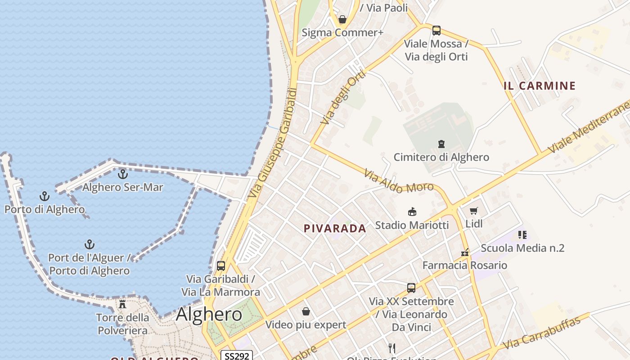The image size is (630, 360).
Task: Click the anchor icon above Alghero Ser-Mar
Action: [x=123, y=174]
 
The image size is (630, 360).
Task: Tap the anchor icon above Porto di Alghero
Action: [x=44, y=196]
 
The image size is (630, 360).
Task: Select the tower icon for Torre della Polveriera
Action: [x=122, y=304]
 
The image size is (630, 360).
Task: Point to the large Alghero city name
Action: [x=209, y=314]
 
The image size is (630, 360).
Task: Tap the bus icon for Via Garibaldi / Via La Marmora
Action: [x=220, y=265]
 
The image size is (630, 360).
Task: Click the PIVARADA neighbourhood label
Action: [x=335, y=228]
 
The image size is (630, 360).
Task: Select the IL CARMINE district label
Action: [x=540, y=85]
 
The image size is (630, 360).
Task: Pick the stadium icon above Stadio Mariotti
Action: [x=411, y=211]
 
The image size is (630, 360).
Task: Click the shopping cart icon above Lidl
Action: [x=473, y=211]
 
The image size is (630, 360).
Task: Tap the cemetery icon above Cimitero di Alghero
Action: [x=441, y=144]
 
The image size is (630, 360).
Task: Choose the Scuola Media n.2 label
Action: [x=522, y=248]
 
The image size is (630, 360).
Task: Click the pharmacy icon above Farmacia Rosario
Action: [x=465, y=252]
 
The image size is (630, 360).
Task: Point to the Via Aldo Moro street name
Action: [x=399, y=181]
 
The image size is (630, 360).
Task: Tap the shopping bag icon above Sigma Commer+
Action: [x=342, y=19]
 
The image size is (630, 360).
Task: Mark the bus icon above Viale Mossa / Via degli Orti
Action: [x=436, y=31]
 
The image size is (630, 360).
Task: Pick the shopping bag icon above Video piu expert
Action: [x=306, y=311]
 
